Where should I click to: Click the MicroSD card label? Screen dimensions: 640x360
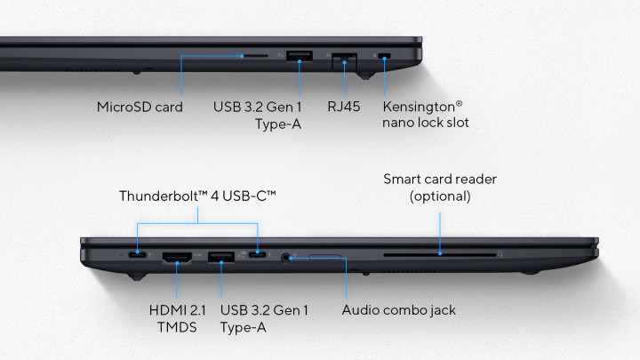pos(140,107)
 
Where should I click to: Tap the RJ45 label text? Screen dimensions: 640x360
pos(344,107)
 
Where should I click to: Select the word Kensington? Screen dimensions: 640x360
pos(419,107)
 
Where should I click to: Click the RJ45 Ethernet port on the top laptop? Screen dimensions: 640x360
pos(345,61)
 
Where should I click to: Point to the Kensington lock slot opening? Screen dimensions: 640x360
pos(384,56)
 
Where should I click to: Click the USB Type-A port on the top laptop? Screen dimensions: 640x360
pos(300,56)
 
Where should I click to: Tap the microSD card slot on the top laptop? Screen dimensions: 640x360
pos(254,56)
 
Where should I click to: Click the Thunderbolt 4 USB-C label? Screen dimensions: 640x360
pos(197,196)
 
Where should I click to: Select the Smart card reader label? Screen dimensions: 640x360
pos(440,180)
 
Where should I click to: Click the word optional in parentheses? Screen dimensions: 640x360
pos(440,196)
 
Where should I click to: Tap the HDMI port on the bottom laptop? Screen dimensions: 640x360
pos(177,258)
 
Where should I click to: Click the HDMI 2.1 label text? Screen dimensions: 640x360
pos(177,310)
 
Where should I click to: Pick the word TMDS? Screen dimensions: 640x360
pos(177,327)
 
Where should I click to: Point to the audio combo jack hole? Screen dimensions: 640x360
pos(285,258)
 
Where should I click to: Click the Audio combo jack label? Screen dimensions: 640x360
pos(399,310)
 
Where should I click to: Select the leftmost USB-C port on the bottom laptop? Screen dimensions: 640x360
pos(138,255)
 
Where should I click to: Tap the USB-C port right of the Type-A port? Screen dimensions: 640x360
pos(258,255)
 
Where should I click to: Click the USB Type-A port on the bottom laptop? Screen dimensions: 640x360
pos(221,257)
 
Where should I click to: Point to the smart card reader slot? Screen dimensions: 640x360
pos(440,255)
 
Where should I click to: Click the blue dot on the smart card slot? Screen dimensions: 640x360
pos(440,254)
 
